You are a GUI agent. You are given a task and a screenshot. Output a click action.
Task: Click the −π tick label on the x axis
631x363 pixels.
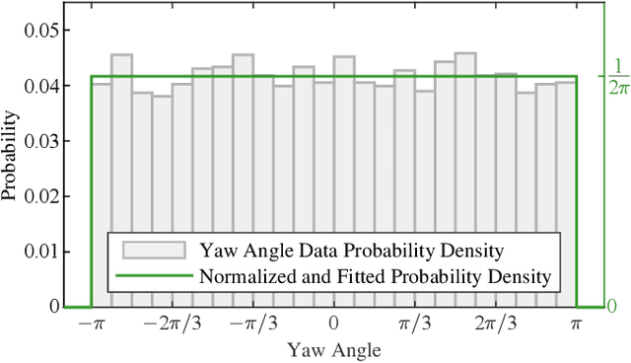[x=91, y=325]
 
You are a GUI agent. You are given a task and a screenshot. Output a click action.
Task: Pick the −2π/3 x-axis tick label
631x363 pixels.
[x=171, y=325]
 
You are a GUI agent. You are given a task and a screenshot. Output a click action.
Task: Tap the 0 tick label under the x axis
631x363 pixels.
[x=333, y=325]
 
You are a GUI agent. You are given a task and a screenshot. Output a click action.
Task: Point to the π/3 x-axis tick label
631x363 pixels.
[x=414, y=325]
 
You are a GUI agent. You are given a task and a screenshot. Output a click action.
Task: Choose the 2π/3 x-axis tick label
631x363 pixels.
[x=495, y=325]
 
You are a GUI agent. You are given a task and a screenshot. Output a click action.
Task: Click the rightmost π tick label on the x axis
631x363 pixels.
[x=576, y=325]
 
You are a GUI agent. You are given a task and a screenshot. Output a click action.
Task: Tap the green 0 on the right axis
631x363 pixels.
[x=611, y=307]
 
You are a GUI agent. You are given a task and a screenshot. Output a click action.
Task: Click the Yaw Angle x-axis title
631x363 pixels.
[x=333, y=349]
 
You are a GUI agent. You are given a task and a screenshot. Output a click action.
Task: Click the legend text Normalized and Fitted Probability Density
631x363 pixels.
[x=375, y=276]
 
